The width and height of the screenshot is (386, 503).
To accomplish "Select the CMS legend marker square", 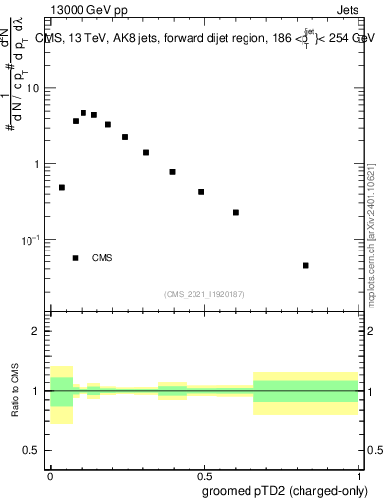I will click(75, 258).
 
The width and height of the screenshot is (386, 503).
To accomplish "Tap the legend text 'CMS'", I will click(102, 258).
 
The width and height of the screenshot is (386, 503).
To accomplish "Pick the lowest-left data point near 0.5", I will click(62, 187).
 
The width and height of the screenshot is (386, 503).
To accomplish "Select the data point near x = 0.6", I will click(236, 212).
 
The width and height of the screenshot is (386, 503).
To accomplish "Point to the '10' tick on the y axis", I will click(34, 88).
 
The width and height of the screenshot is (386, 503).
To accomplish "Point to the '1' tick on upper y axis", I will click(37, 164).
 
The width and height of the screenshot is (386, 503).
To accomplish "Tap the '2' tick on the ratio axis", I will click(36, 331).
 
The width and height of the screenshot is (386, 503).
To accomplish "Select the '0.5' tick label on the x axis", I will click(203, 475).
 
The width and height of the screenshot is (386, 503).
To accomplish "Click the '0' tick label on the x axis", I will click(50, 475).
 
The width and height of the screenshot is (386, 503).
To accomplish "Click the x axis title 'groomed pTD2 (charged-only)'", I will click(294, 490).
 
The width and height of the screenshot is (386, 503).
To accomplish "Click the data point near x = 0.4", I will click(172, 172).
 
